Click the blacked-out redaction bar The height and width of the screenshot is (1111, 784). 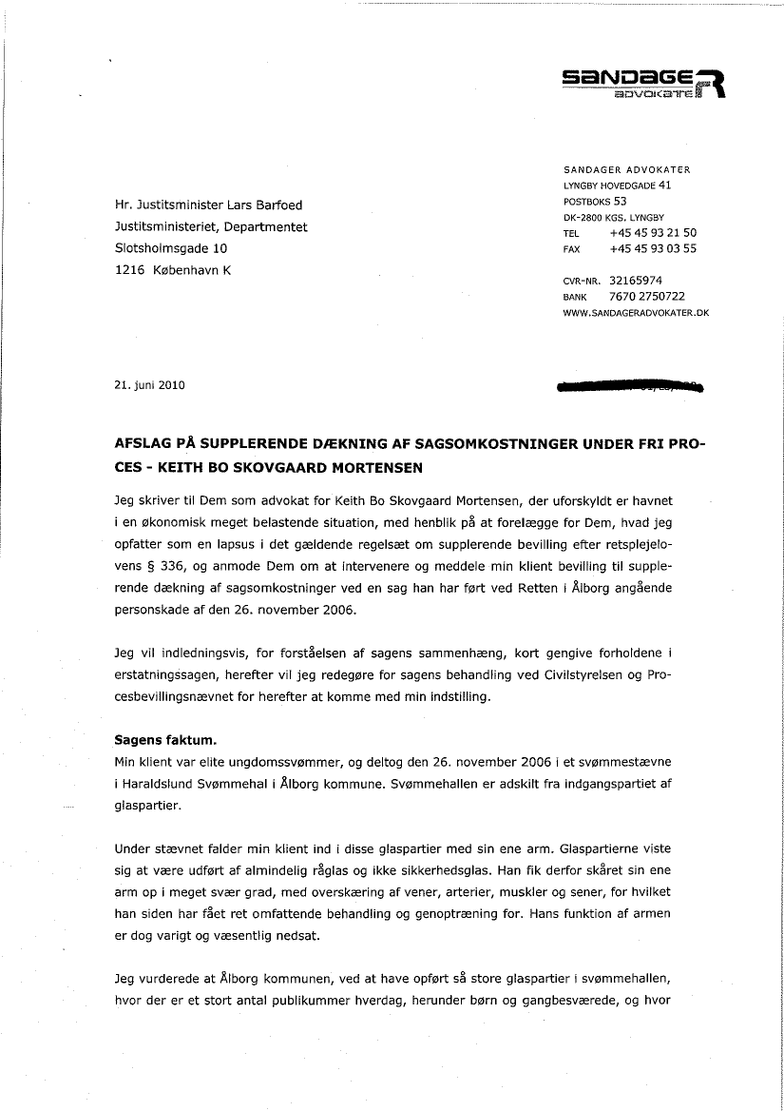632,387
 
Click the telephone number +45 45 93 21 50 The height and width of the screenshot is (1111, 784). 653,233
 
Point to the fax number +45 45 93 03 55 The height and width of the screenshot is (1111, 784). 653,249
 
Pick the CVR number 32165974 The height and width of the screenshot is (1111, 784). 636,281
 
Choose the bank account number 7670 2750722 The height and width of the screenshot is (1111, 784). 646,296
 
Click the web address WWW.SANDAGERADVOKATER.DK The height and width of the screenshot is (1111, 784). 636,312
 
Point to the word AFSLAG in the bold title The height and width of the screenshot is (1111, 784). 143,445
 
